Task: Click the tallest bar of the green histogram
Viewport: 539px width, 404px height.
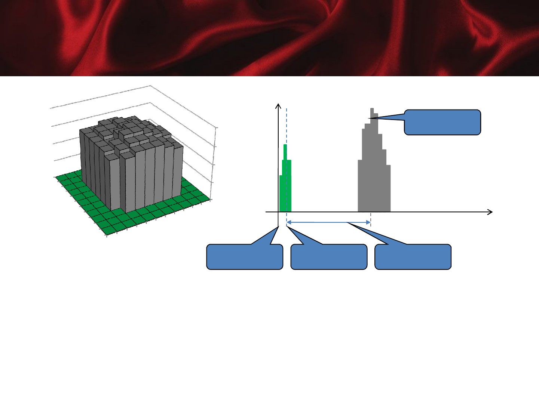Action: pos(285,176)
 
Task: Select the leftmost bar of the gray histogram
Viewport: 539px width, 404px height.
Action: pos(360,187)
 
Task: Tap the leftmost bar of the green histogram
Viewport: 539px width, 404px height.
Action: pos(281,194)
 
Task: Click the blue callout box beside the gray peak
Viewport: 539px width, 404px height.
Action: pos(442,122)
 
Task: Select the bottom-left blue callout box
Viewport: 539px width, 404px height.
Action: pos(245,257)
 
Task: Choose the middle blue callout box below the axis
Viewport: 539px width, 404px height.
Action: pos(329,257)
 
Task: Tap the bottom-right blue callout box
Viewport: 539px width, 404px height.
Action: pos(413,257)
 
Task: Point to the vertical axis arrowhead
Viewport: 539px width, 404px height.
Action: pos(278,106)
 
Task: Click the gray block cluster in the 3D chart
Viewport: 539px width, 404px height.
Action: pos(131,161)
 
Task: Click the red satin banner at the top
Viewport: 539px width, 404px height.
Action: pos(269,37)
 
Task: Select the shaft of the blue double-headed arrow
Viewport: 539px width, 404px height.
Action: pos(328,222)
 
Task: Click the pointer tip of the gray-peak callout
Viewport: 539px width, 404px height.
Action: pos(369,118)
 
